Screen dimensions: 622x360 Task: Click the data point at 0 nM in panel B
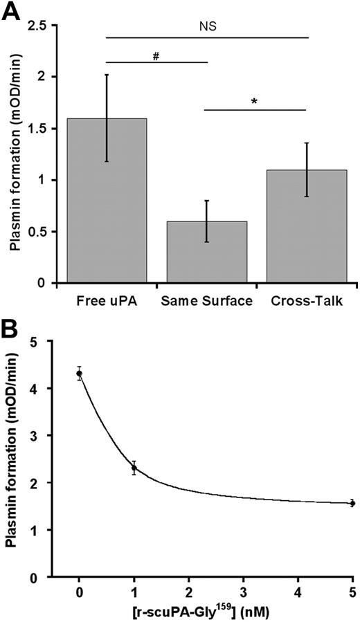(x=79, y=374)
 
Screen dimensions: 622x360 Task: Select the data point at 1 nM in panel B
(x=134, y=468)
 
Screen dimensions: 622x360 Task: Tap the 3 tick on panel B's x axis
(x=243, y=594)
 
